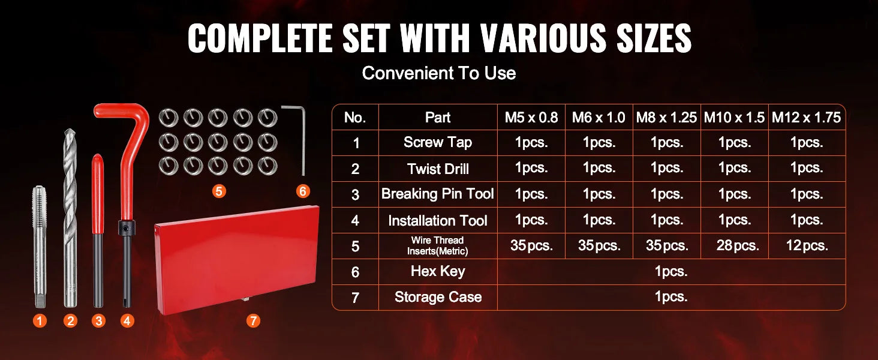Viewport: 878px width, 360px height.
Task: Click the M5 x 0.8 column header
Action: click(x=531, y=118)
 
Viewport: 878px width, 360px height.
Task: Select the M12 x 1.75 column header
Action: click(x=806, y=118)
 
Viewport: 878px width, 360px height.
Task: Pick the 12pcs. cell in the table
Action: click(x=806, y=245)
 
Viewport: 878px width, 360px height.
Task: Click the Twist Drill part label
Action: click(x=438, y=169)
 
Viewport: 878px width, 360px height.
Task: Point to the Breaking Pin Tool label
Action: click(x=438, y=194)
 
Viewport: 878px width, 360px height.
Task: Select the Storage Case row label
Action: click(x=438, y=297)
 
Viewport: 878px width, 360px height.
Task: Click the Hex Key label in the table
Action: click(x=438, y=271)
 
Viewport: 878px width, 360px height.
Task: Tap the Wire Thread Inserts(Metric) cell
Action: click(x=438, y=245)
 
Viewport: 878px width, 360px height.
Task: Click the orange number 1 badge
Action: click(x=40, y=321)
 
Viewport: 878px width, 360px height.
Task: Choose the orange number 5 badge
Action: click(x=219, y=191)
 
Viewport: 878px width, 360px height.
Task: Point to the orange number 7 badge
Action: click(x=253, y=321)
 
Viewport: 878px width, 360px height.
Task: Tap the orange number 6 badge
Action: click(x=303, y=191)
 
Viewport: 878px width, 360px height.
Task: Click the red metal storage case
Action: click(x=237, y=258)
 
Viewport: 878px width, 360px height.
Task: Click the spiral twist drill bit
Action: click(x=70, y=216)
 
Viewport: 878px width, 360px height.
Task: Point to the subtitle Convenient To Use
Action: click(x=438, y=73)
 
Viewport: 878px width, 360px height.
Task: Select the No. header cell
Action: click(x=355, y=118)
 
